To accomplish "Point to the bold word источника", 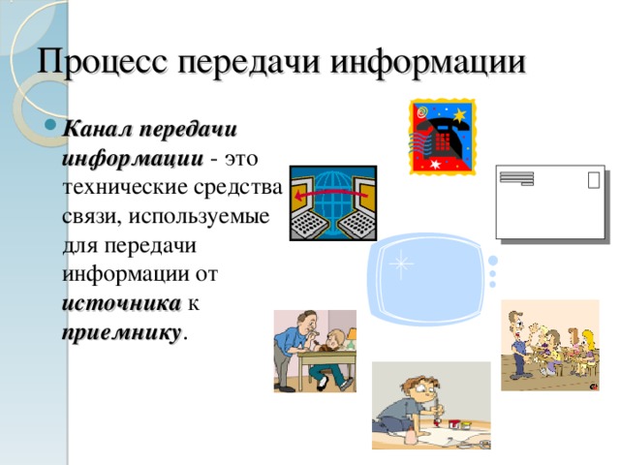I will (x=120, y=303).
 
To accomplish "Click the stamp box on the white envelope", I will (x=592, y=179).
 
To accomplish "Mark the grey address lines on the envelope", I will (x=516, y=178).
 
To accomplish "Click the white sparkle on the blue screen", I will (x=399, y=263).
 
